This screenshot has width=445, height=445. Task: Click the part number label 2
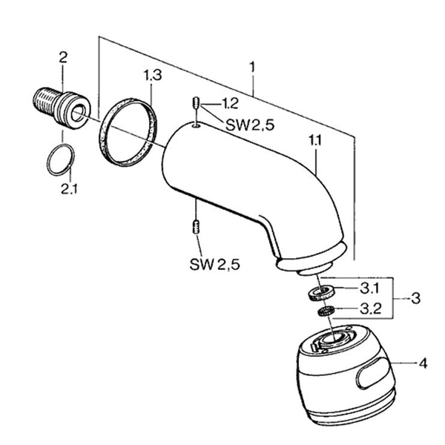(x=63, y=58)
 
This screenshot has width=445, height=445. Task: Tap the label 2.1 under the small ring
(x=70, y=188)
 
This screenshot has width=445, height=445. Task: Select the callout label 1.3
(x=153, y=75)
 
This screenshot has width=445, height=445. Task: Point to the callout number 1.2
(x=230, y=104)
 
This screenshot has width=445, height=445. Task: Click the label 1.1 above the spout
(x=316, y=140)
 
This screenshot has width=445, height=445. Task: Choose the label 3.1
(x=370, y=289)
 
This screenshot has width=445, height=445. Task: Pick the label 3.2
(x=371, y=309)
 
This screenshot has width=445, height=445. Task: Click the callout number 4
(x=423, y=363)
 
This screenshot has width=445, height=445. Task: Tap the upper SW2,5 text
(x=250, y=125)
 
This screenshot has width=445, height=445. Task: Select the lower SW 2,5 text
(x=215, y=265)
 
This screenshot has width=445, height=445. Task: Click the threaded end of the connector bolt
(x=45, y=99)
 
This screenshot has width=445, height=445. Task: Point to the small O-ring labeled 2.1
(x=61, y=159)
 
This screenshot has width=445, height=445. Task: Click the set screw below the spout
(x=195, y=227)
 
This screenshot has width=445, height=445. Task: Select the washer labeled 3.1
(x=321, y=293)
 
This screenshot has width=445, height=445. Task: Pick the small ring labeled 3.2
(x=326, y=311)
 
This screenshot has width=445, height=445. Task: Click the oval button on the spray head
(x=372, y=373)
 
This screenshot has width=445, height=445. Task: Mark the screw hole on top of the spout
(x=196, y=124)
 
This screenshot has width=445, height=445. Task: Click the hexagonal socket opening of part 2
(x=78, y=113)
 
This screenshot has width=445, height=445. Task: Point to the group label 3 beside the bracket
(x=415, y=299)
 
